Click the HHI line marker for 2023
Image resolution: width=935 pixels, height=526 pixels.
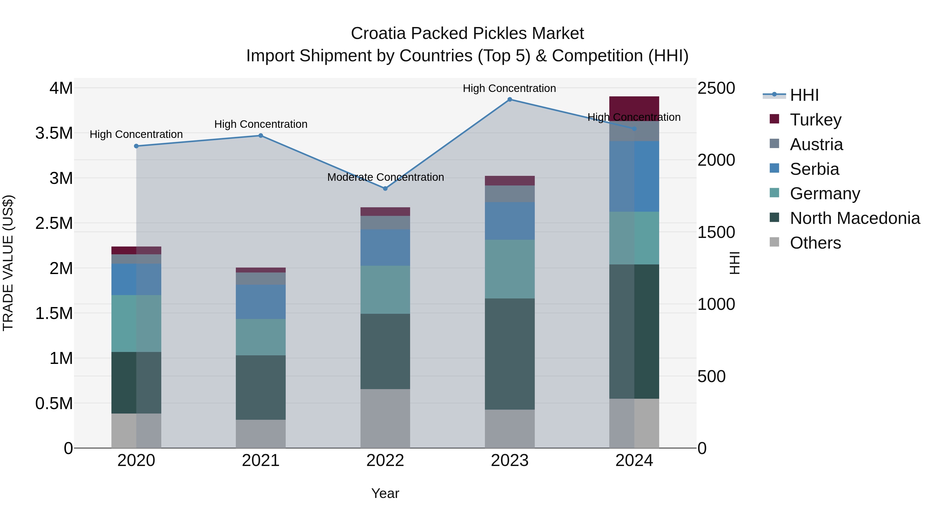coord(510,99)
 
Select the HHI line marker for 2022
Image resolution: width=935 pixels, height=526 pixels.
coord(385,188)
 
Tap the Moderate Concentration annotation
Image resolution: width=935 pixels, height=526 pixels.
coord(385,177)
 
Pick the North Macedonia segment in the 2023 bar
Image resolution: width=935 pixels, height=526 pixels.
coord(510,354)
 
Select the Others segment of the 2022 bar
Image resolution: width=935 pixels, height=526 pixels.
coord(385,418)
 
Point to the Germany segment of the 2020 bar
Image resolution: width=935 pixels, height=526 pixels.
coord(136,323)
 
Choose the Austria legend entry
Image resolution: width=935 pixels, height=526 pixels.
coord(816,144)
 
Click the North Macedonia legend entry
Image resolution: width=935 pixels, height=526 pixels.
coord(854,218)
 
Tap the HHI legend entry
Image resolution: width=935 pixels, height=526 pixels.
coord(804,95)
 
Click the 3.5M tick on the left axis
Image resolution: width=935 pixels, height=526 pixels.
coord(54,133)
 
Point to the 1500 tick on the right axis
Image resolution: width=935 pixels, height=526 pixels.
coord(716,232)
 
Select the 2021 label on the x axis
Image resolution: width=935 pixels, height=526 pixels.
coord(261,461)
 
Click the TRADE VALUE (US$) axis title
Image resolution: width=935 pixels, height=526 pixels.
coord(8,263)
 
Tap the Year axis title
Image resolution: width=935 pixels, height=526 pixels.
coord(385,493)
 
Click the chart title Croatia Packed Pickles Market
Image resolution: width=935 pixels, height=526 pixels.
coord(467,34)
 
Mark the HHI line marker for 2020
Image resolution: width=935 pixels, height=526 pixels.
coord(136,146)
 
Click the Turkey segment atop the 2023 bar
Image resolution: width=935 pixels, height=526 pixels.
coord(510,181)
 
